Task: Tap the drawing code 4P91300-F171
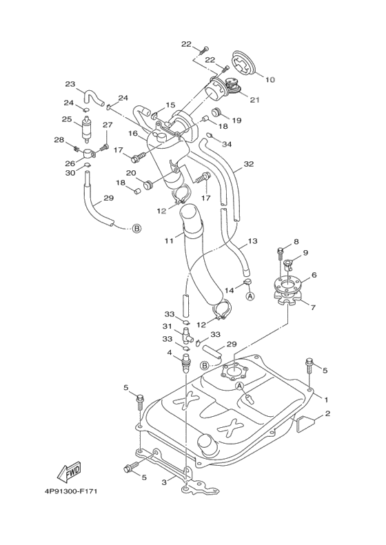tap(70, 491)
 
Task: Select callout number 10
tap(270, 80)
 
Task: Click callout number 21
tap(255, 100)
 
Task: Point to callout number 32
tap(249, 164)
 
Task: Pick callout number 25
tap(67, 119)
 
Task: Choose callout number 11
tap(169, 240)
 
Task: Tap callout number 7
tap(314, 307)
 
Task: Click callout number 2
tap(327, 413)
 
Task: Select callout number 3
tap(165, 482)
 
